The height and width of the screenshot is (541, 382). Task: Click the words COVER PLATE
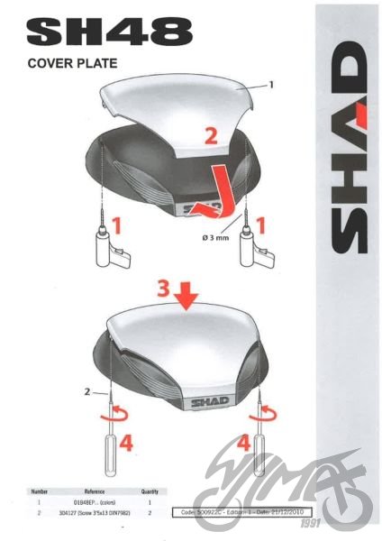(x=73, y=64)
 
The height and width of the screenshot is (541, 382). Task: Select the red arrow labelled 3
(x=186, y=293)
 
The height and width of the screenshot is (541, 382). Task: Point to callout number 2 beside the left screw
(x=88, y=393)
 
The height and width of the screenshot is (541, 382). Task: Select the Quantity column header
(x=150, y=491)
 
